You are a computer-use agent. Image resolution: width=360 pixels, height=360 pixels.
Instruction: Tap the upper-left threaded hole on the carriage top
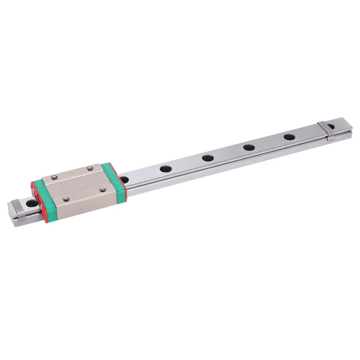[54, 178]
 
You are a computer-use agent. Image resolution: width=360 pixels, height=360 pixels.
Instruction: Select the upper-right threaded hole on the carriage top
[91, 167]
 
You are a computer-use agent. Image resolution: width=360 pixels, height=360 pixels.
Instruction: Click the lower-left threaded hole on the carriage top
[66, 199]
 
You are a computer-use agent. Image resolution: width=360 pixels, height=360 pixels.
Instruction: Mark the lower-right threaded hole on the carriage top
[102, 189]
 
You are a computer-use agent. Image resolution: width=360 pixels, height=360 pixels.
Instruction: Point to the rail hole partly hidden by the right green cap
[125, 179]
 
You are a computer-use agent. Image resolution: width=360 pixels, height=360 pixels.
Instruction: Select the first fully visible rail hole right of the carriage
[165, 168]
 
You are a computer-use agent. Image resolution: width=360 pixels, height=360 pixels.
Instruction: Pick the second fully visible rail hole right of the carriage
[208, 157]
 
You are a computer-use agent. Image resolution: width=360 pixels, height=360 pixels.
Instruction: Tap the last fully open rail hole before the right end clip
[289, 137]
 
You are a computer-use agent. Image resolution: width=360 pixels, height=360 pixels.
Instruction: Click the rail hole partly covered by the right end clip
[331, 126]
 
